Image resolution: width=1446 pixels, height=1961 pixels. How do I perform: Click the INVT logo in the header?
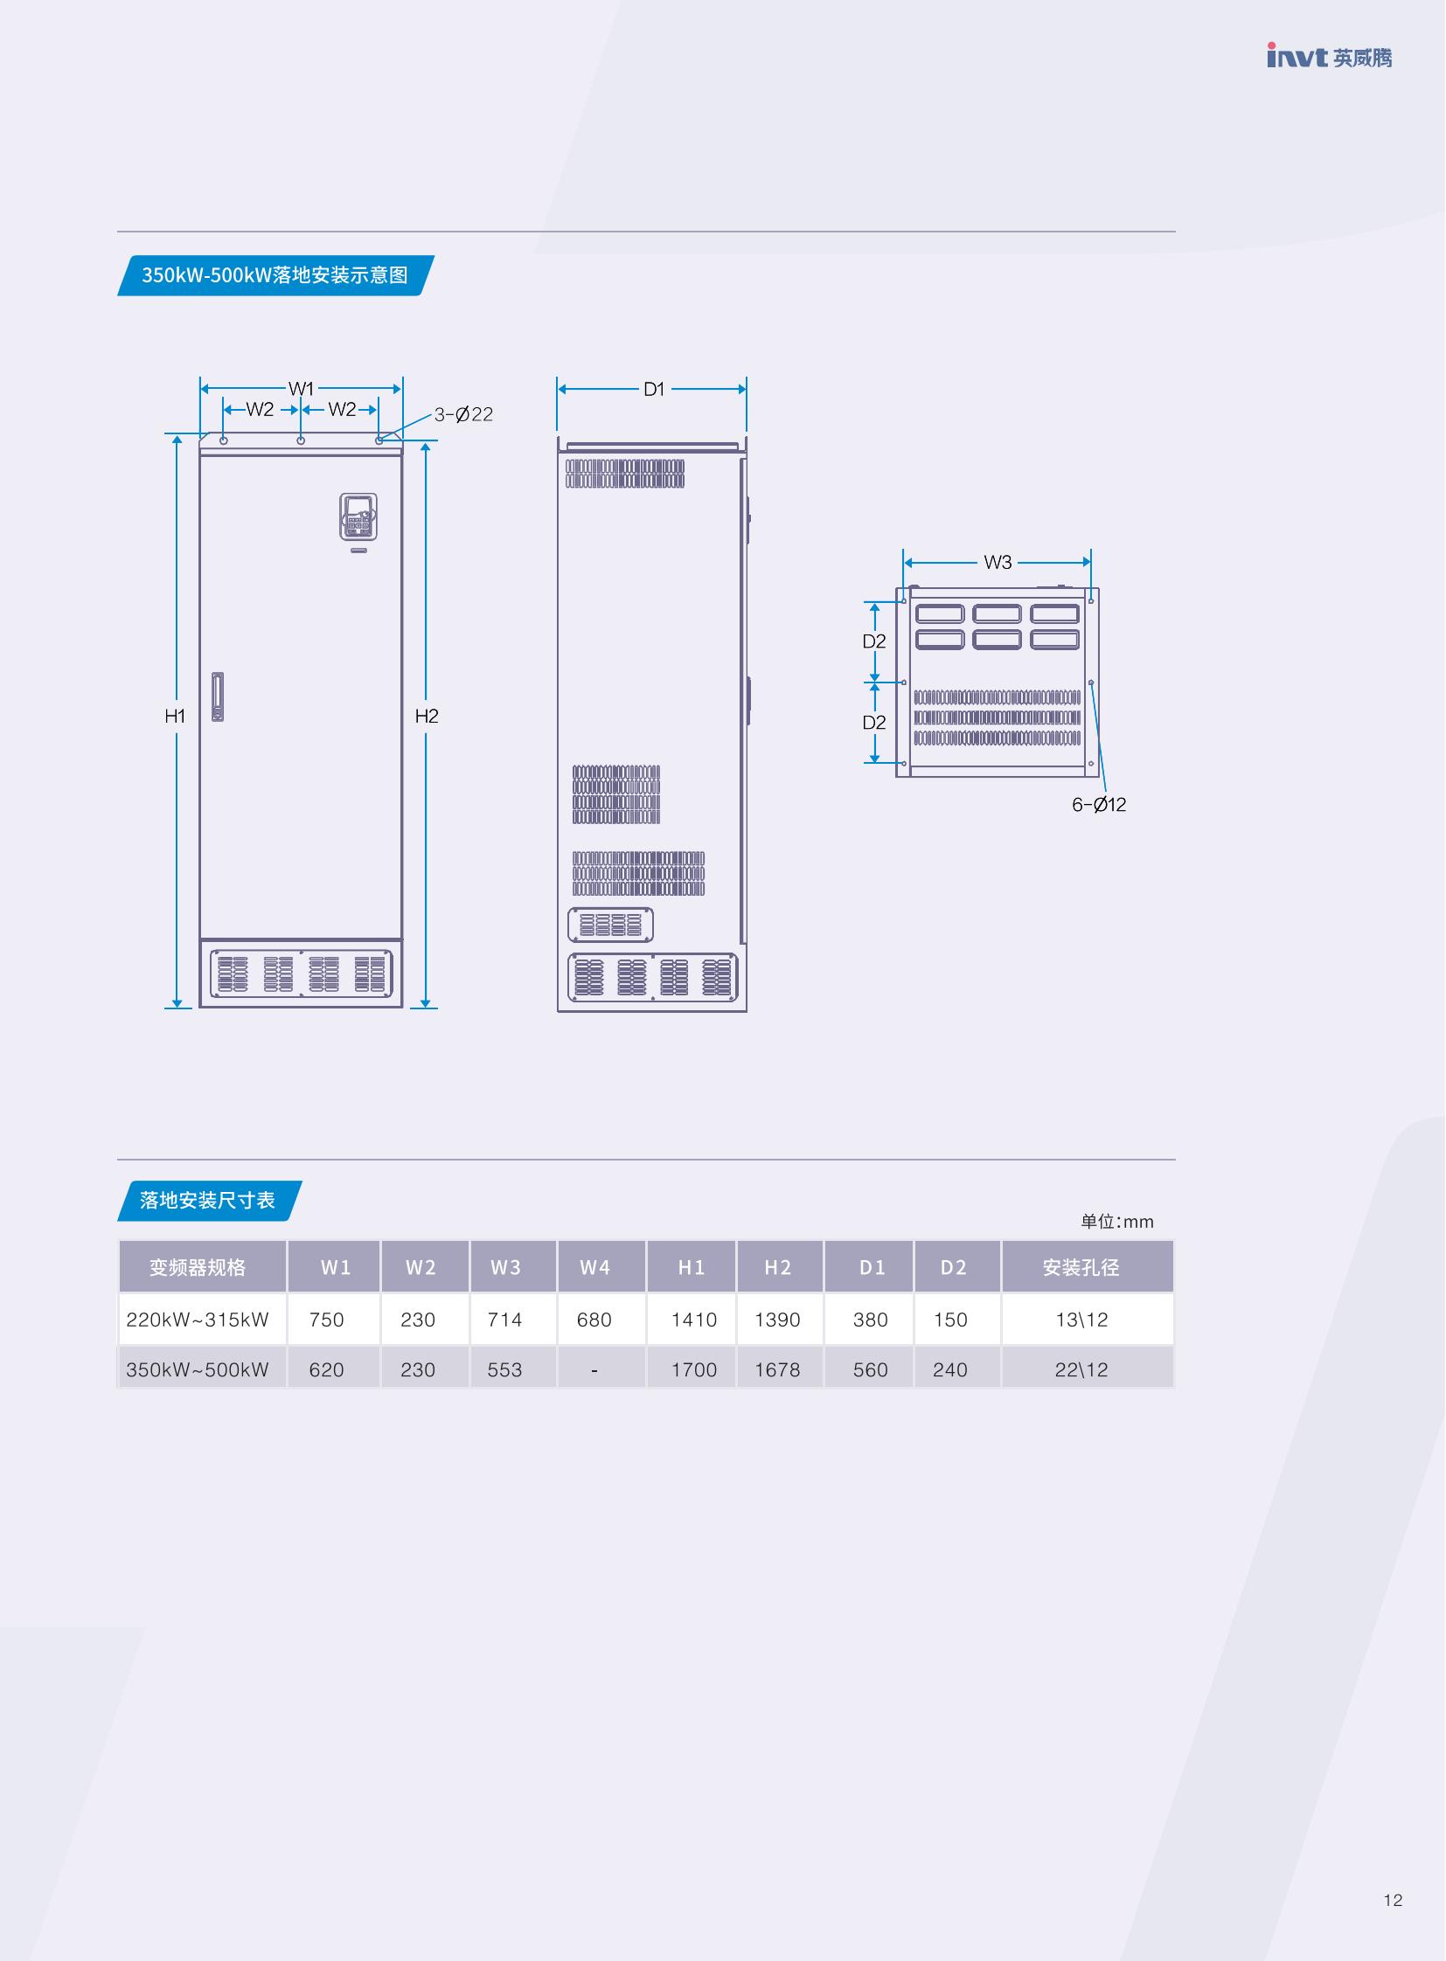[1329, 56]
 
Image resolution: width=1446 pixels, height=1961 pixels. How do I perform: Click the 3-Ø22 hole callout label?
[463, 414]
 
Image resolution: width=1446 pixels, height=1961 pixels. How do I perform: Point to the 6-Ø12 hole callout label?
[1099, 804]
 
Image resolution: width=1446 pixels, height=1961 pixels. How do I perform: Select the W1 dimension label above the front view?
[301, 389]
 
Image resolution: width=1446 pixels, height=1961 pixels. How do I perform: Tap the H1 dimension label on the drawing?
[175, 716]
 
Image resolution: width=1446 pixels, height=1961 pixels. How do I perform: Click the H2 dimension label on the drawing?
[427, 716]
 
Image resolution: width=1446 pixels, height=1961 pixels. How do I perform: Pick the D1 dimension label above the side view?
[654, 390]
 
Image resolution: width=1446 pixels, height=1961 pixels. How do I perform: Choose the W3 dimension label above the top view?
[997, 562]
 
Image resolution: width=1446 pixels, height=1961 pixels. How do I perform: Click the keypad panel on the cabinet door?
[358, 516]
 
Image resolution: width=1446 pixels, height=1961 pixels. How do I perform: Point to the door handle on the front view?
[217, 696]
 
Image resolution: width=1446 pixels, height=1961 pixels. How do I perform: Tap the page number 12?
[1393, 1900]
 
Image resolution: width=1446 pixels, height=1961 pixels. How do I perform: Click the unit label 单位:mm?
[1117, 1222]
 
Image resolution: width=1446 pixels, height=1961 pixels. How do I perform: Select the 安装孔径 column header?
[1081, 1267]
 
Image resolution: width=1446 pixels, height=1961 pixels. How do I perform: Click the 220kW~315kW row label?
[197, 1320]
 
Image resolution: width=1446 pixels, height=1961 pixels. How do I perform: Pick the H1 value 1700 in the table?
[694, 1369]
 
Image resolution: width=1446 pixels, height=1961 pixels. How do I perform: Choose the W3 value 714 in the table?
[505, 1320]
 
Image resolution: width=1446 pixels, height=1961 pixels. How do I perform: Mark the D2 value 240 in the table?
[949, 1369]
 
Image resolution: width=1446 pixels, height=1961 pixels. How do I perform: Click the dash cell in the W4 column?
[594, 1370]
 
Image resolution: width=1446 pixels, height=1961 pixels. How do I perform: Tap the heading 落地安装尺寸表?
[207, 1200]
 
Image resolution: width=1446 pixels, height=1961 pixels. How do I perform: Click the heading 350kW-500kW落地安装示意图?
[275, 274]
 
